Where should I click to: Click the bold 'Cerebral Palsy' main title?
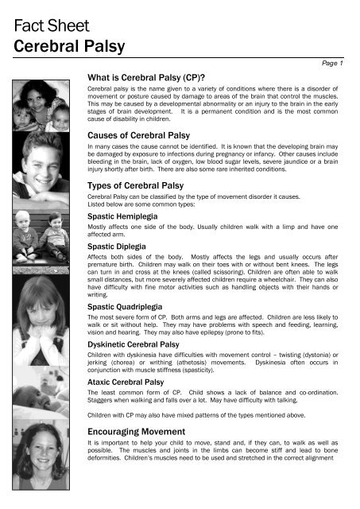coord(64,42)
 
